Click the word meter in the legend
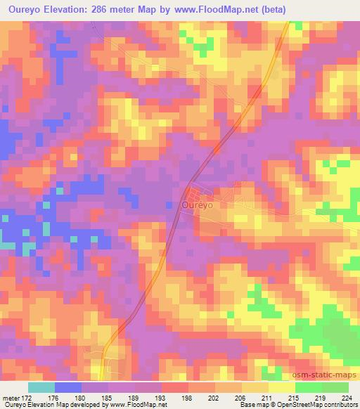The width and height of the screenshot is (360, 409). pyautogui.click(x=11, y=397)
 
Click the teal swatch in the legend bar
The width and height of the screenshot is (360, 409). pyautogui.click(x=41, y=387)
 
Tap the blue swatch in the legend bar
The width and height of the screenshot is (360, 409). pyautogui.click(x=68, y=387)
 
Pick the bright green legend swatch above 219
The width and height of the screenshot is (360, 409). pyautogui.click(x=308, y=387)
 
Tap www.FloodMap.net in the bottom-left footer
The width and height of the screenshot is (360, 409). pyautogui.click(x=138, y=405)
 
